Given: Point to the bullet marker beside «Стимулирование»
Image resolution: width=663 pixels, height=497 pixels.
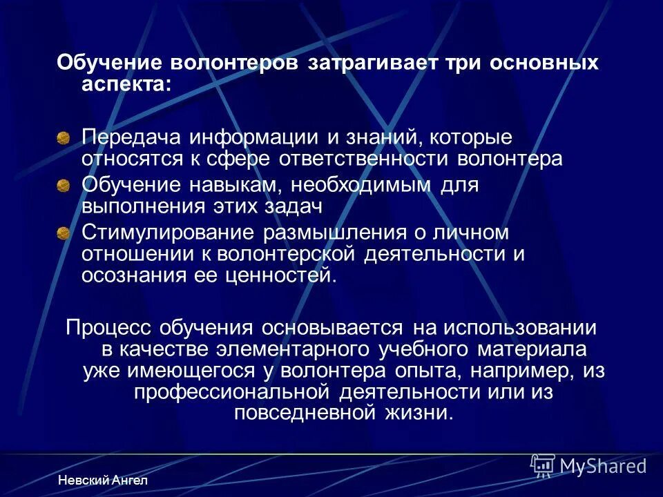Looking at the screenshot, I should [x=64, y=232].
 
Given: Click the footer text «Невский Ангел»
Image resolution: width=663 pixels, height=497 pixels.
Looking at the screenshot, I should [x=103, y=480].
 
